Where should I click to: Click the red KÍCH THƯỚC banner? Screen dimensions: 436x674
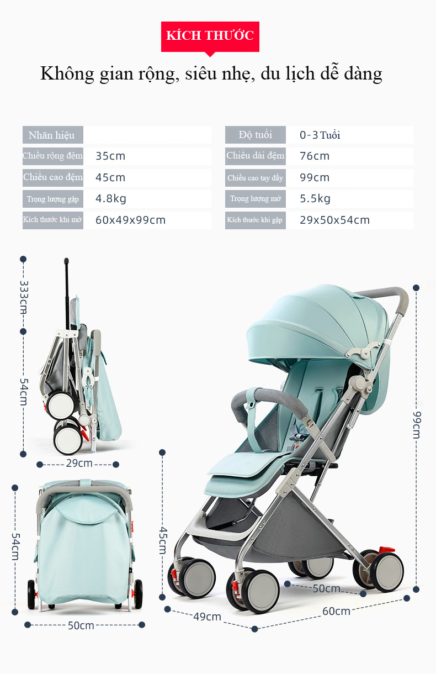pyautogui.click(x=210, y=36)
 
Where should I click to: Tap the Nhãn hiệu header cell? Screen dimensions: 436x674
pyautogui.click(x=52, y=135)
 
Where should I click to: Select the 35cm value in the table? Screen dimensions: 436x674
pyautogui.click(x=110, y=156)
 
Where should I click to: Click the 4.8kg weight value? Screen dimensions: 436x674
pyautogui.click(x=110, y=198)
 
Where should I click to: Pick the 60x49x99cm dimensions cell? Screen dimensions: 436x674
pyautogui.click(x=130, y=220)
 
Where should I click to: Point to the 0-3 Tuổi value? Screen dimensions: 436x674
pyautogui.click(x=320, y=135)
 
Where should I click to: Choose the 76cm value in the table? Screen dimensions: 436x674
pyautogui.click(x=315, y=156)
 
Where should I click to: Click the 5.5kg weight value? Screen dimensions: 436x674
pyautogui.click(x=315, y=198)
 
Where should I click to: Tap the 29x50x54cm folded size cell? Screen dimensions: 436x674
pyautogui.click(x=334, y=220)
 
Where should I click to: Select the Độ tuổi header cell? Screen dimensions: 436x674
pyautogui.click(x=256, y=135)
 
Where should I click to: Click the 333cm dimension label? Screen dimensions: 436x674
pyautogui.click(x=24, y=297)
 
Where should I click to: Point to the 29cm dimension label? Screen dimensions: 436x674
pyautogui.click(x=79, y=463)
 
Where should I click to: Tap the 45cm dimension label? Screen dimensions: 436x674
pyautogui.click(x=163, y=540)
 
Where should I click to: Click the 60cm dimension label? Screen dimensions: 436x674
pyautogui.click(x=336, y=612)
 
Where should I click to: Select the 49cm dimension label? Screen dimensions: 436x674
pyautogui.click(x=207, y=617)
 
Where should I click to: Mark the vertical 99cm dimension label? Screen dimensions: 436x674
pyautogui.click(x=417, y=425)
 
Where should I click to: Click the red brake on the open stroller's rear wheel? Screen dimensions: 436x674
pyautogui.click(x=386, y=550)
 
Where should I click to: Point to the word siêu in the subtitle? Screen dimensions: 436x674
pyautogui.click(x=200, y=73)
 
